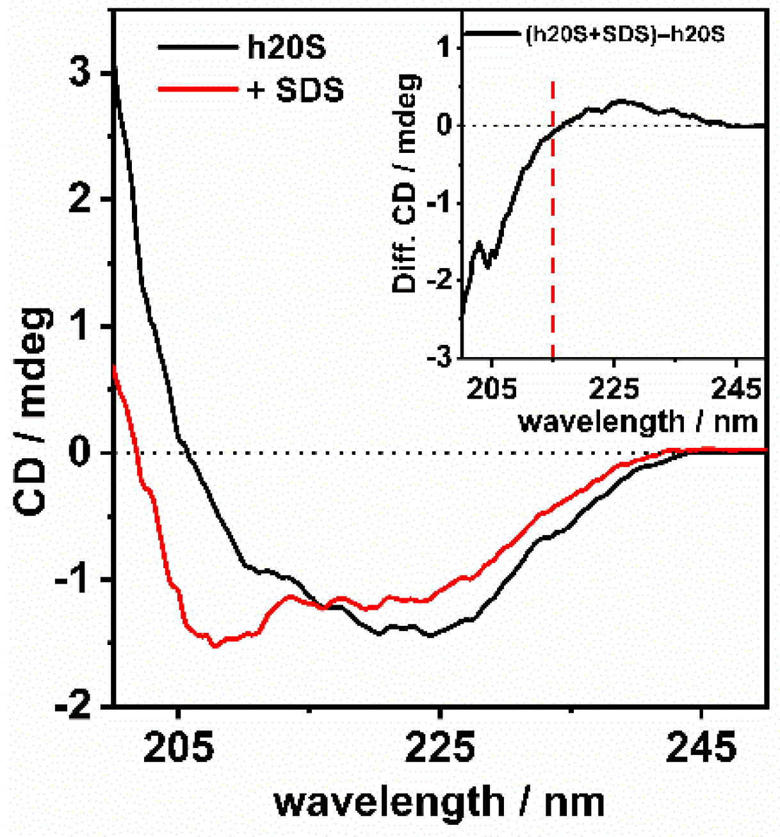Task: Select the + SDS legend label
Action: click(x=295, y=90)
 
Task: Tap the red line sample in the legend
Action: click(x=197, y=89)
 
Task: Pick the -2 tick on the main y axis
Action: click(x=74, y=706)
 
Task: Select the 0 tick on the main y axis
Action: click(x=80, y=453)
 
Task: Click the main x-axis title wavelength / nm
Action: click(x=439, y=802)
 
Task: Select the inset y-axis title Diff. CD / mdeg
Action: click(x=406, y=183)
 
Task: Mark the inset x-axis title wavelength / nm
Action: click(x=638, y=422)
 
